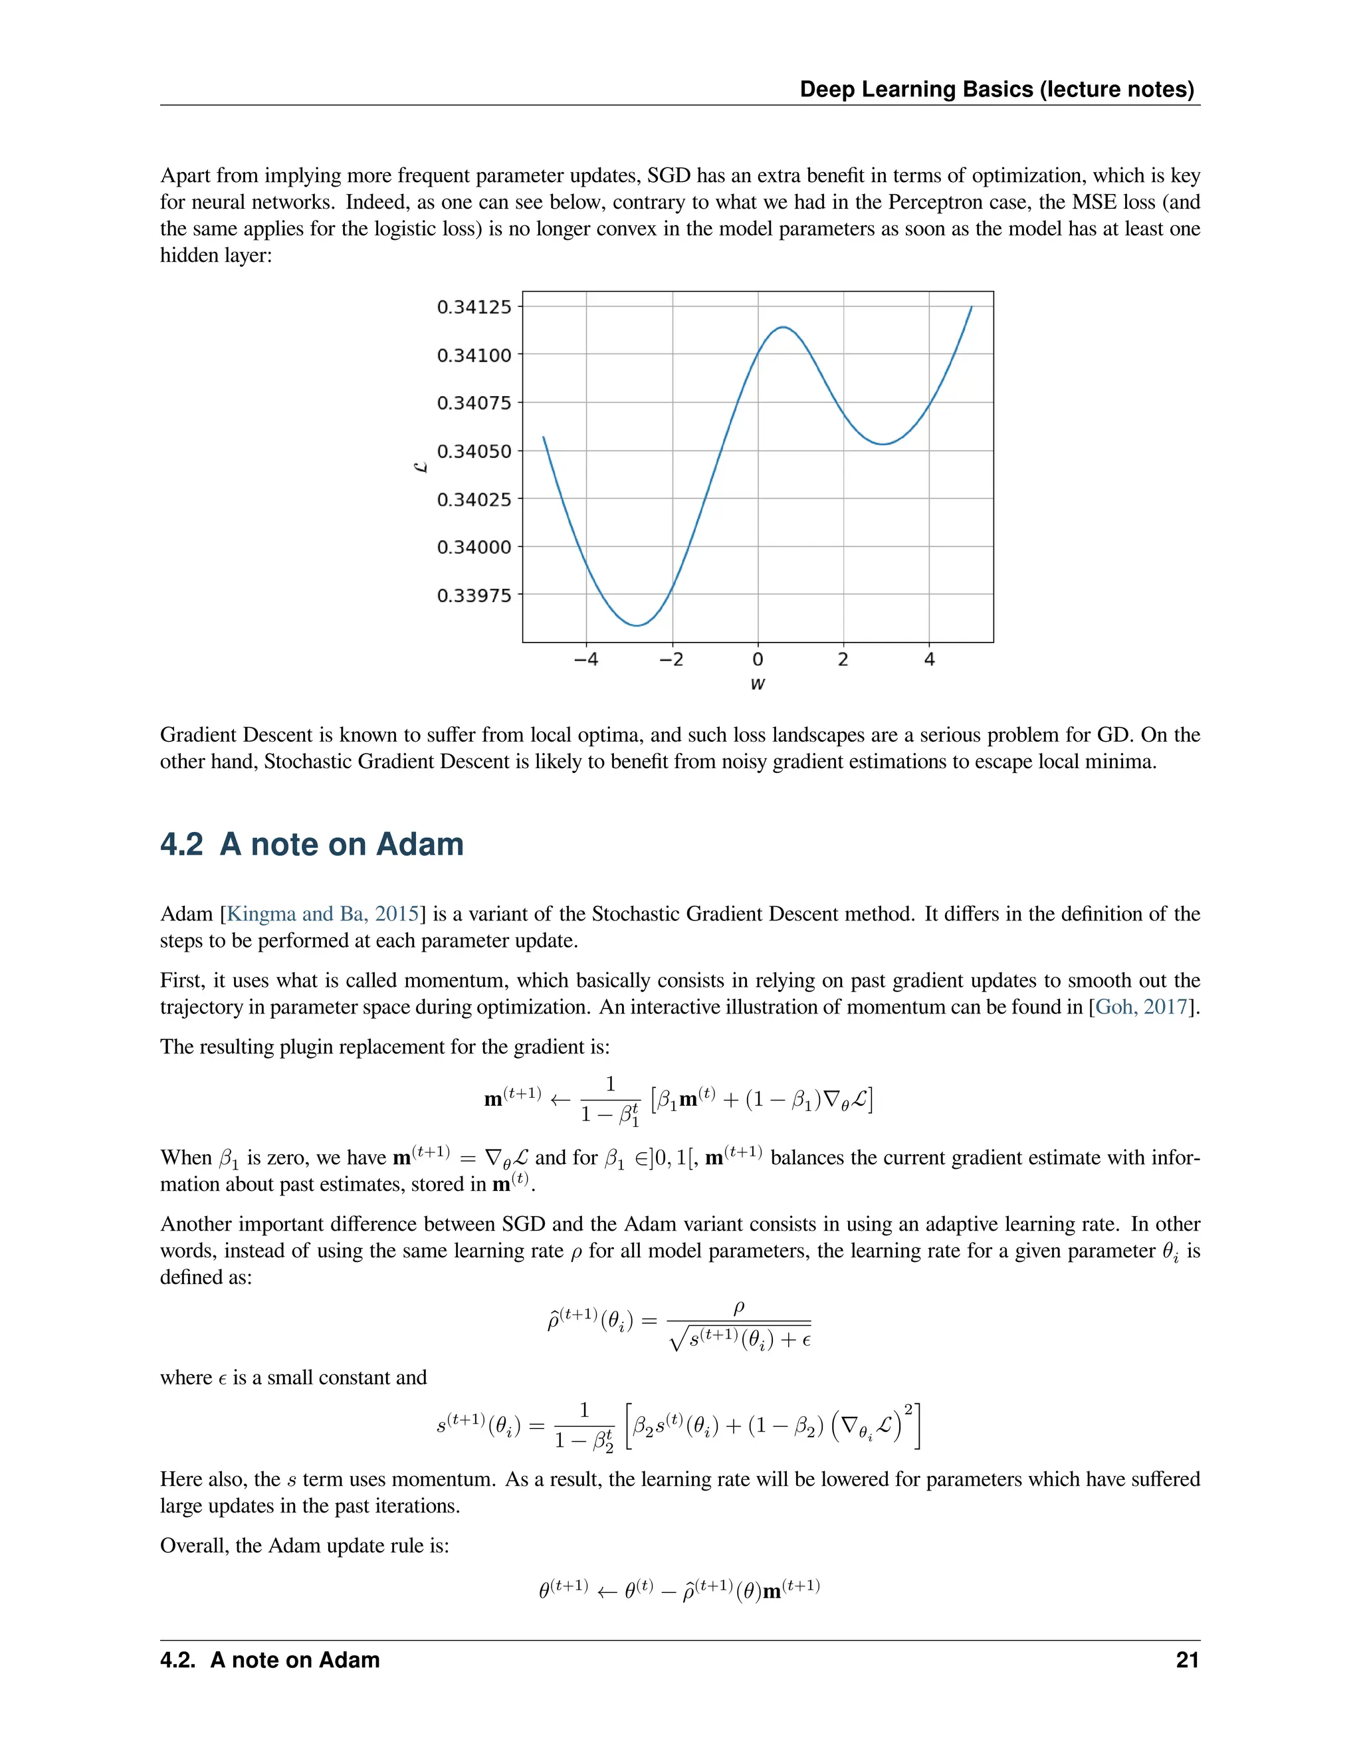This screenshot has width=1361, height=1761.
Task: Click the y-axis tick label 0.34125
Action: coord(473,307)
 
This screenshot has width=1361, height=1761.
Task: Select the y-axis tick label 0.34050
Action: coord(473,451)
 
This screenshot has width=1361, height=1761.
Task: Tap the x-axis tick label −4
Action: coord(585,660)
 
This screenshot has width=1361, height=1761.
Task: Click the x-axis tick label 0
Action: coord(757,660)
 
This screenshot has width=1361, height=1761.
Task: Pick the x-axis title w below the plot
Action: coord(757,684)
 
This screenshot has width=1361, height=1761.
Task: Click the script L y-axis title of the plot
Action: coord(420,467)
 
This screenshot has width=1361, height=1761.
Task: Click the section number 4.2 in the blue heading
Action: coord(181,844)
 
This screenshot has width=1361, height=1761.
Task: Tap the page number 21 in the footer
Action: coord(1187,1660)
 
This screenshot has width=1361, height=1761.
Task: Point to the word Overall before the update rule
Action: coord(192,1546)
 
